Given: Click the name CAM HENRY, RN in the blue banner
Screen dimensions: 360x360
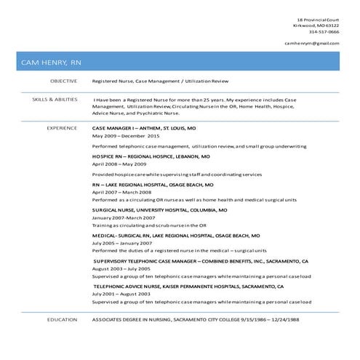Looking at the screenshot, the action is click(x=51, y=63).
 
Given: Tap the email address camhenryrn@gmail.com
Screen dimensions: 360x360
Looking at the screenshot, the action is click(x=311, y=44).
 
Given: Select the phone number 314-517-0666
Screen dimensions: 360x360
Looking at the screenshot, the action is click(x=324, y=31).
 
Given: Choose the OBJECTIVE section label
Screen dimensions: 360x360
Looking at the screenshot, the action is click(x=63, y=81).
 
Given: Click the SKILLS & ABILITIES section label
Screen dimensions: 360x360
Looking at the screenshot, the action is click(x=55, y=98).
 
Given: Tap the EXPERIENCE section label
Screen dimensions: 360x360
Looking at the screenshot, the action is click(x=62, y=127).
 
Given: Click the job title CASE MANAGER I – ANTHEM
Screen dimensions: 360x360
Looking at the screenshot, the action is click(x=143, y=127).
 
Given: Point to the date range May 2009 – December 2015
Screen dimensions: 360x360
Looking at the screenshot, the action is click(x=125, y=136).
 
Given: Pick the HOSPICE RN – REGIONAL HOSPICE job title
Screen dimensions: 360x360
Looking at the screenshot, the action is click(x=151, y=156).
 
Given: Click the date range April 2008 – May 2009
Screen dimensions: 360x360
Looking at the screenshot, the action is click(x=119, y=164).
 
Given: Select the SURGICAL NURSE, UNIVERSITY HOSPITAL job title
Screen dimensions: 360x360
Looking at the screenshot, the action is click(x=159, y=209).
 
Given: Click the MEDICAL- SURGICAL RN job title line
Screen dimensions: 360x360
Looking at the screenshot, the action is click(x=175, y=236).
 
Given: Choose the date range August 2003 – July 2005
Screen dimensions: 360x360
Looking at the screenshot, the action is click(x=121, y=268).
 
